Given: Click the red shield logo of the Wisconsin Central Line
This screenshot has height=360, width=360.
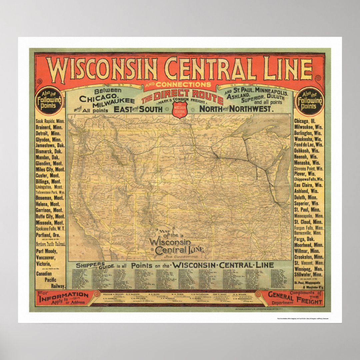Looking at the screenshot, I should tap(180, 110).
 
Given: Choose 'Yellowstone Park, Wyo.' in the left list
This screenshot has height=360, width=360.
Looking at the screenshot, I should tap(50, 192).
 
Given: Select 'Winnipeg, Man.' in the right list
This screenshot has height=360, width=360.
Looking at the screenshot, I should tap(309, 268).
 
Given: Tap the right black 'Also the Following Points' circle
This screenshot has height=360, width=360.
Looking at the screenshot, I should tap(309, 100).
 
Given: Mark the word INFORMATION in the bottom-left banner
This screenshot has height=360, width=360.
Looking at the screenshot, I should tap(63, 295).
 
